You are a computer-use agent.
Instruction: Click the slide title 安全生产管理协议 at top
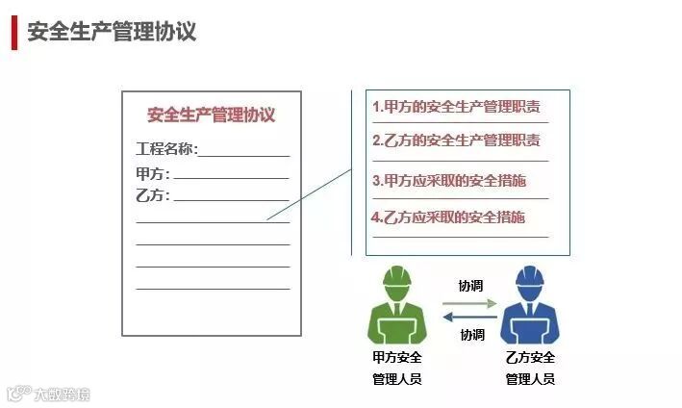(x=112, y=32)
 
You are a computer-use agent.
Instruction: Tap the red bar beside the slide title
(x=14, y=32)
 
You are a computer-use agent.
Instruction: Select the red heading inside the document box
(x=211, y=115)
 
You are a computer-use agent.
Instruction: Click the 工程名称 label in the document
(x=166, y=149)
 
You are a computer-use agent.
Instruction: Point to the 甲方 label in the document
(x=153, y=173)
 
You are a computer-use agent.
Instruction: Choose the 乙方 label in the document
(x=153, y=195)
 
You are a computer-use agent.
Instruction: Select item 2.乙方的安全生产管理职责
(x=456, y=140)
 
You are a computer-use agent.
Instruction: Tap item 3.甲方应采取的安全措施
(x=449, y=180)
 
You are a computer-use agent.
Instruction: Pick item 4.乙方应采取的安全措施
(x=449, y=217)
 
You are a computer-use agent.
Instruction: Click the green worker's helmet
(x=396, y=279)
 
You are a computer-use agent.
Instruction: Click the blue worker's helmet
(x=529, y=279)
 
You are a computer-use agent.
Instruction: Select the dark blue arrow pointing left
(x=469, y=319)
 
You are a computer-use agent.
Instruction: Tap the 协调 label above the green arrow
(x=470, y=286)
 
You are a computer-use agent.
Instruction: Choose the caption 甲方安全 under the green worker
(x=396, y=358)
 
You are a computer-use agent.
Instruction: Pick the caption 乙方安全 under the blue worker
(x=530, y=358)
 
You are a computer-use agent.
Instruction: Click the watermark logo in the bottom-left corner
(x=17, y=394)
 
